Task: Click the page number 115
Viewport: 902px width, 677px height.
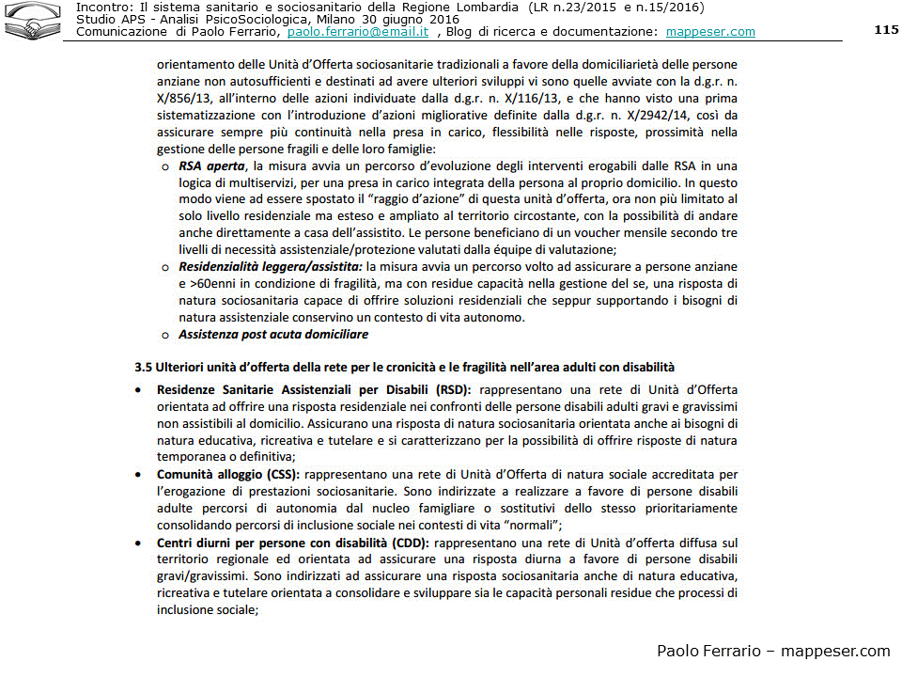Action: (x=886, y=30)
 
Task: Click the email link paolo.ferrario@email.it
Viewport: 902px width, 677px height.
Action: (x=358, y=32)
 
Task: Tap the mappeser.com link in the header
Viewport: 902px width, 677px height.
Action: (x=710, y=32)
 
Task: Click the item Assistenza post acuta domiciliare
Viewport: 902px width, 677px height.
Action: (x=273, y=335)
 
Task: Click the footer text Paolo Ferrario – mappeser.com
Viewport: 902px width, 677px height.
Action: (x=772, y=652)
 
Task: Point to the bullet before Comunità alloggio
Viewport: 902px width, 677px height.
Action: (x=139, y=474)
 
